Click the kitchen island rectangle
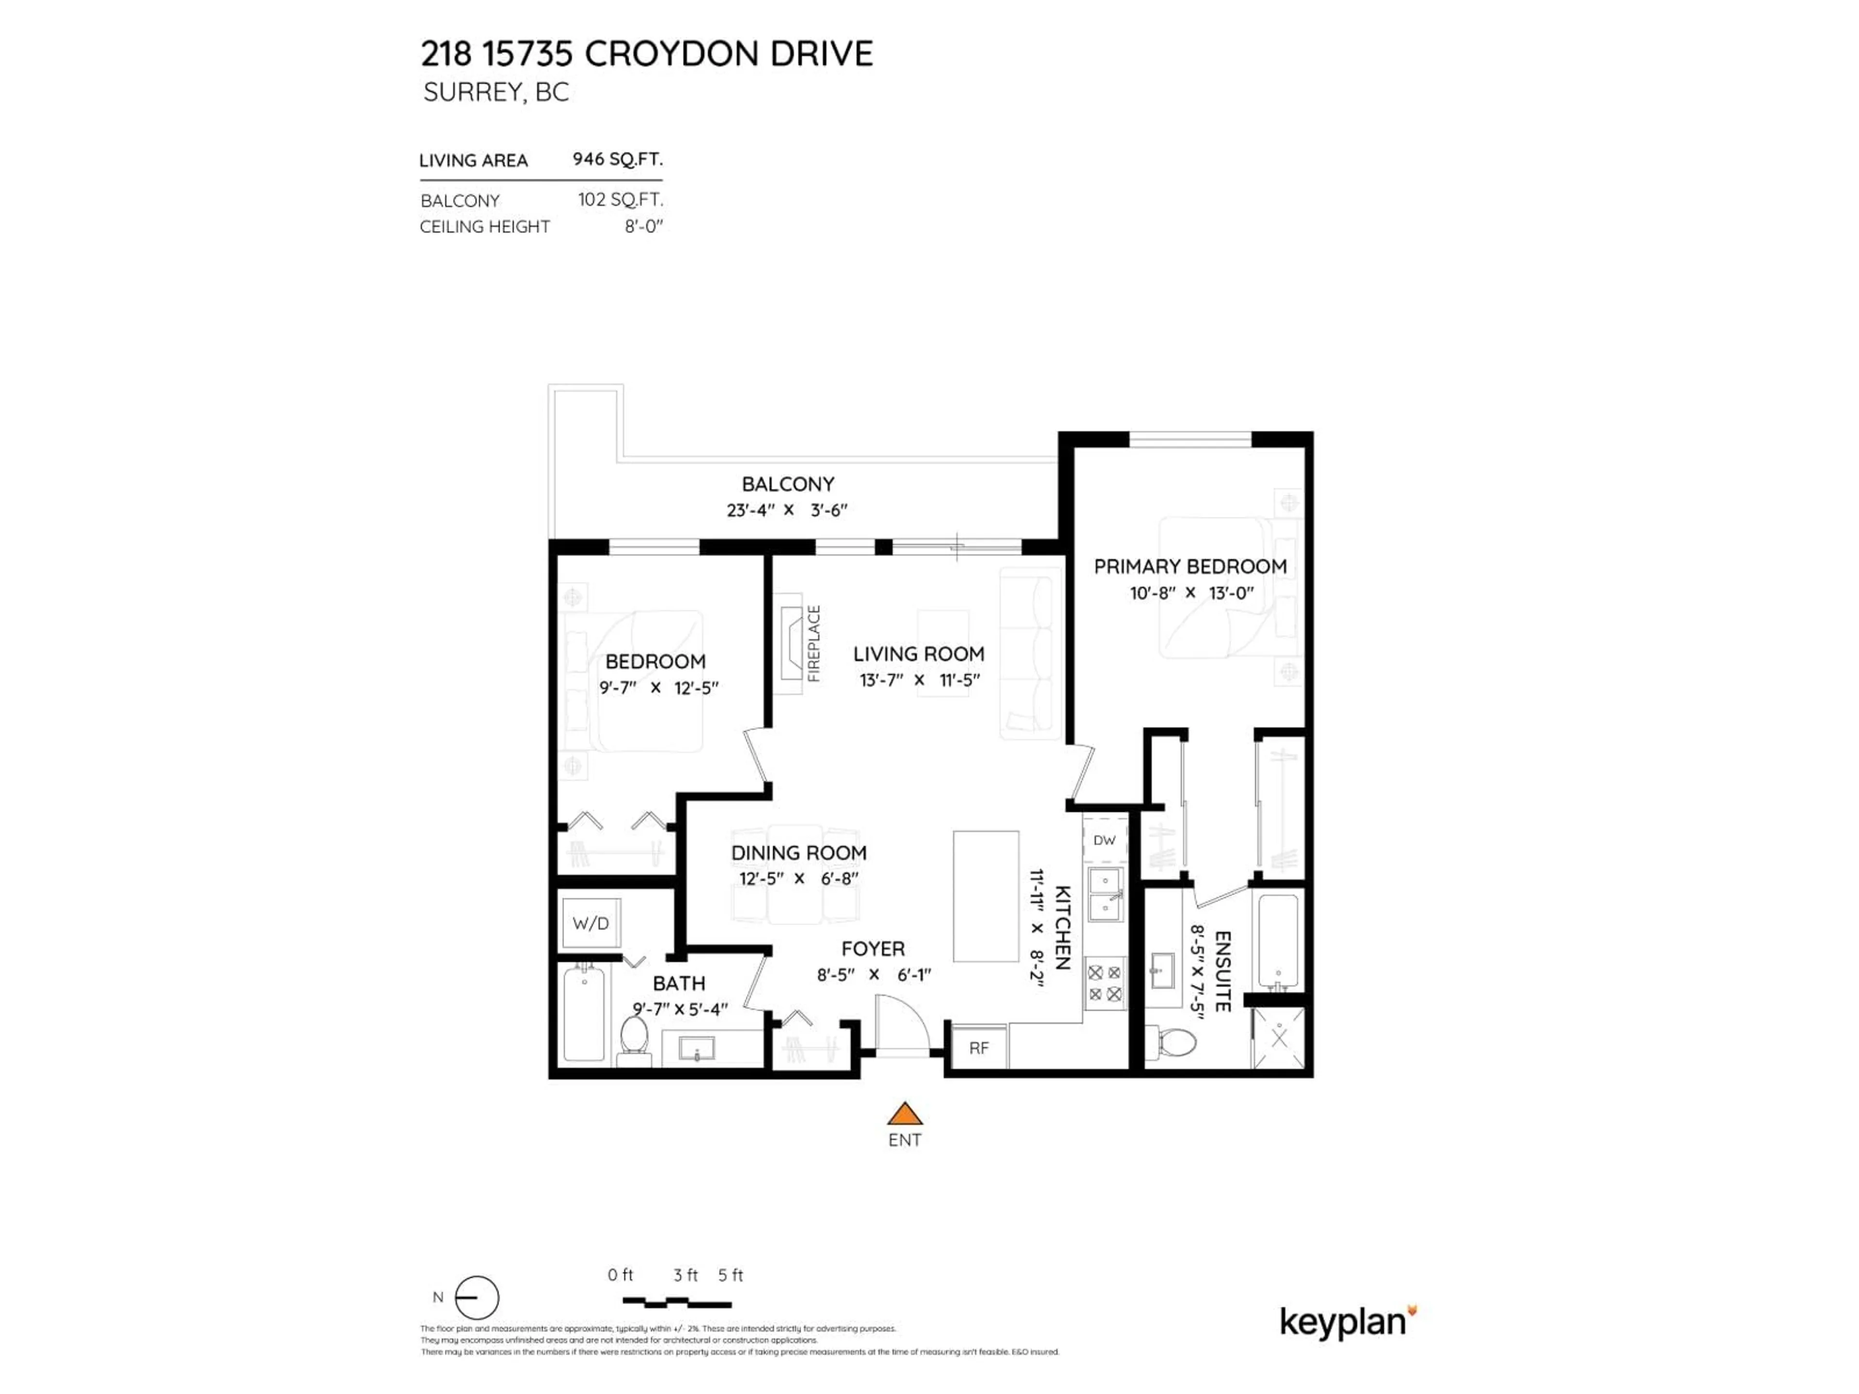[986, 896]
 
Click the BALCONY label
[788, 484]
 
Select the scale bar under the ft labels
[676, 1303]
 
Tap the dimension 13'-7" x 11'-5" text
[919, 680]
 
